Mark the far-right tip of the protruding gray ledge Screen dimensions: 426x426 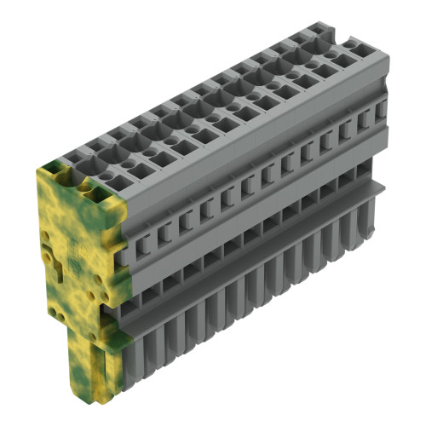pyautogui.click(x=384, y=183)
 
